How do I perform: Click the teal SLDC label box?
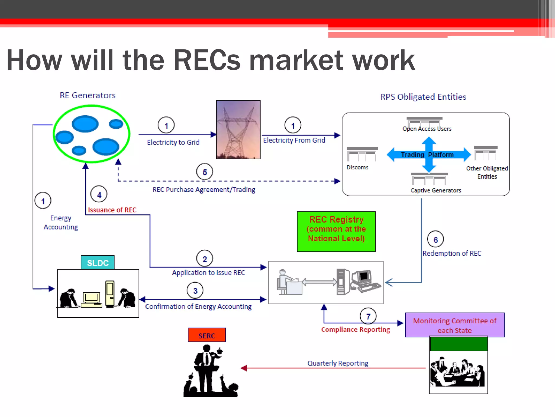[x=98, y=263]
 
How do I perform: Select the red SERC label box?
[x=206, y=335]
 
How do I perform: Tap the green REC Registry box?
[x=336, y=232]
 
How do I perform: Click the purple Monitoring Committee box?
[x=454, y=325]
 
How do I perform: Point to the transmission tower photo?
[x=238, y=130]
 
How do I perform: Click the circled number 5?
[x=205, y=172]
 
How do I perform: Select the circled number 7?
[x=368, y=316]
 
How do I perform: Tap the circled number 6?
[x=435, y=239]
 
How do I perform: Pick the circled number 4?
[x=99, y=194]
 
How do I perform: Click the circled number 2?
[x=205, y=259]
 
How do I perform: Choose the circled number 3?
[x=195, y=290]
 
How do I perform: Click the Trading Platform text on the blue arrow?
[x=427, y=155]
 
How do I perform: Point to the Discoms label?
[x=357, y=168]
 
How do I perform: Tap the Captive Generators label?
[x=435, y=191]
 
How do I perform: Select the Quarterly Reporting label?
[x=338, y=363]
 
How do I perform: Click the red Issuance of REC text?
[x=112, y=210]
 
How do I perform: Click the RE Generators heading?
[x=88, y=96]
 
